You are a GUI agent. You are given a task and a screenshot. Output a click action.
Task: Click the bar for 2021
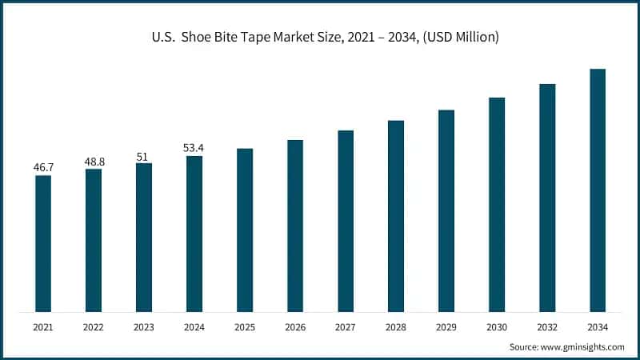43,243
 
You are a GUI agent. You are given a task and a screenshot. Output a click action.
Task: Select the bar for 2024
194,234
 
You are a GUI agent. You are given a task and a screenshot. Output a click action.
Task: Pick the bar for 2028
396,216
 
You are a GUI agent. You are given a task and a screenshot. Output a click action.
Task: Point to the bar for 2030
497,205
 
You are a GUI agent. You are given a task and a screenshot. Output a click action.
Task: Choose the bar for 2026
295,226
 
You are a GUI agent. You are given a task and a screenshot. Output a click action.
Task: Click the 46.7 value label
43,167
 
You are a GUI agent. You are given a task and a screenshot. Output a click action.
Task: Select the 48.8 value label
94,161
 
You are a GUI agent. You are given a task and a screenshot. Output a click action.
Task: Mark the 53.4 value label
194,148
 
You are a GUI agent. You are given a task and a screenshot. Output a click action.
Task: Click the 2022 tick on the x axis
94,327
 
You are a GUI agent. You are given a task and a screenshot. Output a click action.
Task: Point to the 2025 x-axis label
245,327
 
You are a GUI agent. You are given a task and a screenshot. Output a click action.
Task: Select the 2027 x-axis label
346,327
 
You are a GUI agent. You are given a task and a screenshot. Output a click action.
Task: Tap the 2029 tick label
446,327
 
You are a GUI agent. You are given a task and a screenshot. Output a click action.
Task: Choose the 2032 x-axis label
547,327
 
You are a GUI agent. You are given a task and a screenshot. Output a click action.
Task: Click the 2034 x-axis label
598,327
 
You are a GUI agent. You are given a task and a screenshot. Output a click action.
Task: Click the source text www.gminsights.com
583,346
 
